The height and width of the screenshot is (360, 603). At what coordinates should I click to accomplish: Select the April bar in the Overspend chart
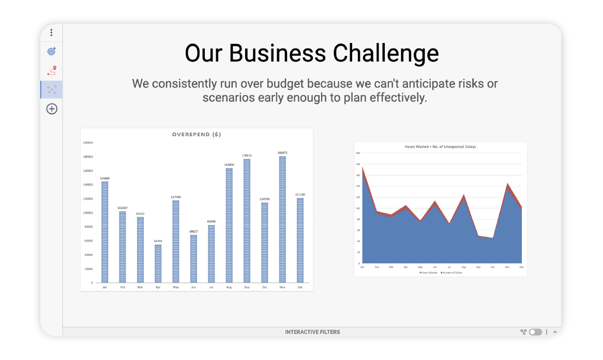(158, 263)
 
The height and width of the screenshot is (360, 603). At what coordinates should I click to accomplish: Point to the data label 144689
(104, 178)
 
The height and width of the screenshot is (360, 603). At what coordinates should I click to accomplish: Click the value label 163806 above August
(229, 164)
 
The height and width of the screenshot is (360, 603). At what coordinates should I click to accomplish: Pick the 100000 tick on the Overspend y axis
(88, 213)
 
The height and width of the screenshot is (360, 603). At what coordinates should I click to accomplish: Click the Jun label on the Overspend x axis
(193, 287)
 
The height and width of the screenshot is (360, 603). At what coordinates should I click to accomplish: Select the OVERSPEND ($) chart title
(197, 134)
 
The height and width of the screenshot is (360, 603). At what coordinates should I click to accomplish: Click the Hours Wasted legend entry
(429, 272)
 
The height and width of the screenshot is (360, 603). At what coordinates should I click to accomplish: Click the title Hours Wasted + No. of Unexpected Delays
(440, 147)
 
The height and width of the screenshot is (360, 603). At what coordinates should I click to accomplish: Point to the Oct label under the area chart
(493, 267)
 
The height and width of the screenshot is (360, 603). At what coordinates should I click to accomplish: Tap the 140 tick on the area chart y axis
(357, 186)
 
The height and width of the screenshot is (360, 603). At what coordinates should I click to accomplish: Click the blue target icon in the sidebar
(52, 51)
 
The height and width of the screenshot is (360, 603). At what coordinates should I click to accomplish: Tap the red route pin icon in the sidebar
(52, 70)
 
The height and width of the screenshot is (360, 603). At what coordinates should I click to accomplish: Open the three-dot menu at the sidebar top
(52, 33)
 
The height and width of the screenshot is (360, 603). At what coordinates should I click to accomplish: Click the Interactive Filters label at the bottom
(312, 332)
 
